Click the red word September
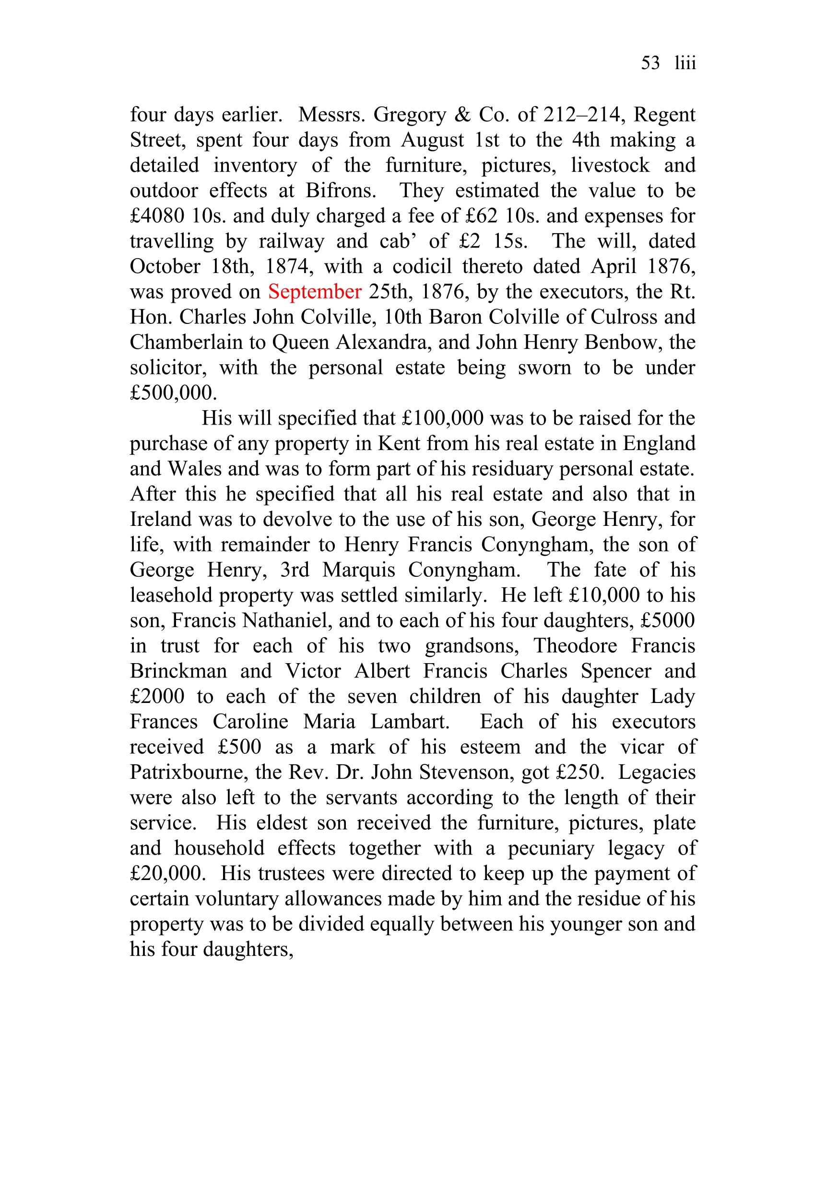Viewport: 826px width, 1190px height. click(x=315, y=292)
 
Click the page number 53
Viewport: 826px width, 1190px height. click(x=650, y=63)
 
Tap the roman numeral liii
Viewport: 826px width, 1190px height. click(x=685, y=63)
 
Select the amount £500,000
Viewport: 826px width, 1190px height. click(x=173, y=393)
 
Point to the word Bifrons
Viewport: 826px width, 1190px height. click(x=341, y=191)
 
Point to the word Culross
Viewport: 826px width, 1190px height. click(x=624, y=317)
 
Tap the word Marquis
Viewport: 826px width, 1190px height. click(x=359, y=570)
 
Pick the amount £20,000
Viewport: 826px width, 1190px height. click(x=165, y=874)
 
